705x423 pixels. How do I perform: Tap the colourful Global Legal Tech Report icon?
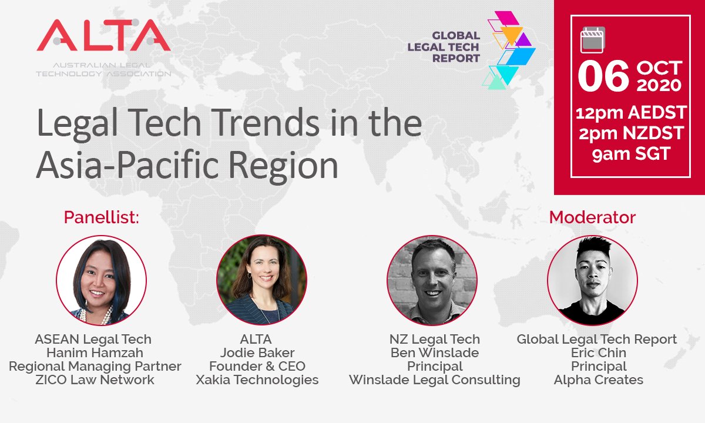(509, 51)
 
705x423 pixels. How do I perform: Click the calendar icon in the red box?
(592, 39)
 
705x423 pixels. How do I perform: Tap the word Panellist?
(102, 218)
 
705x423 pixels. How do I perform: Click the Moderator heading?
(592, 217)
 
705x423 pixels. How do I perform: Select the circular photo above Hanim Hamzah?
(101, 280)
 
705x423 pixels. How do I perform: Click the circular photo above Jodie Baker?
(261, 280)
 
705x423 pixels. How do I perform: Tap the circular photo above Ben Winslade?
(432, 280)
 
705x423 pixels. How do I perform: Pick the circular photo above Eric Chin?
(592, 280)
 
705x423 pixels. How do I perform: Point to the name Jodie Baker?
(257, 353)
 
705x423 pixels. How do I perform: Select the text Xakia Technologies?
(257, 380)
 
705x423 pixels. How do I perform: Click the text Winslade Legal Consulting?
(434, 380)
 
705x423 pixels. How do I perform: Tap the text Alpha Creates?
(598, 380)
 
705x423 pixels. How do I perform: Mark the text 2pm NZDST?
(630, 134)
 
